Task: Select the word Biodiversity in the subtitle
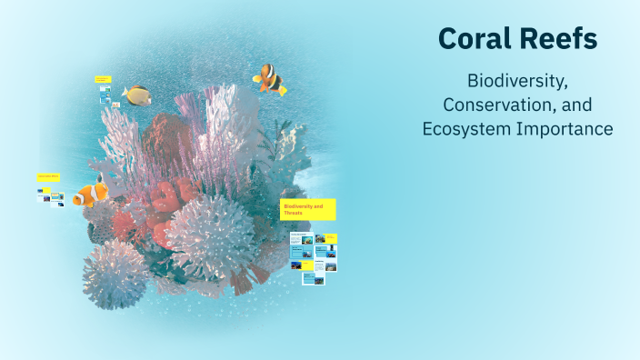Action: (517, 81)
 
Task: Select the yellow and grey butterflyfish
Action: (137, 95)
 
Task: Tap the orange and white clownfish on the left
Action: (90, 194)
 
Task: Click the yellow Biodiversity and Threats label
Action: (307, 210)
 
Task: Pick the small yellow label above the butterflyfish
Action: (103, 80)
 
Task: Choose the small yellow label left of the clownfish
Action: (48, 176)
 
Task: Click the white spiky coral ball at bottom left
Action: (115, 273)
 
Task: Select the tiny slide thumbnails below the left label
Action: (51, 196)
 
